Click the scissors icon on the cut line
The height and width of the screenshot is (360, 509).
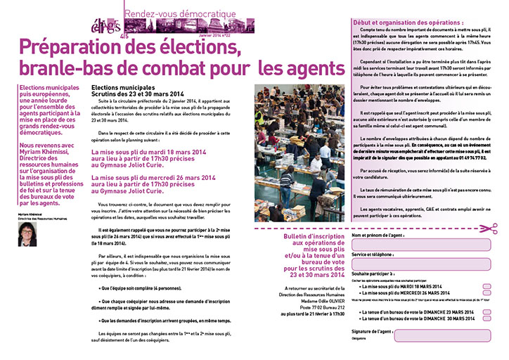(494, 226)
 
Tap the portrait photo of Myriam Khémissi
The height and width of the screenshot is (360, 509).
(28, 232)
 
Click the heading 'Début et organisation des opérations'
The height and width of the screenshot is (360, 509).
(400, 23)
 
